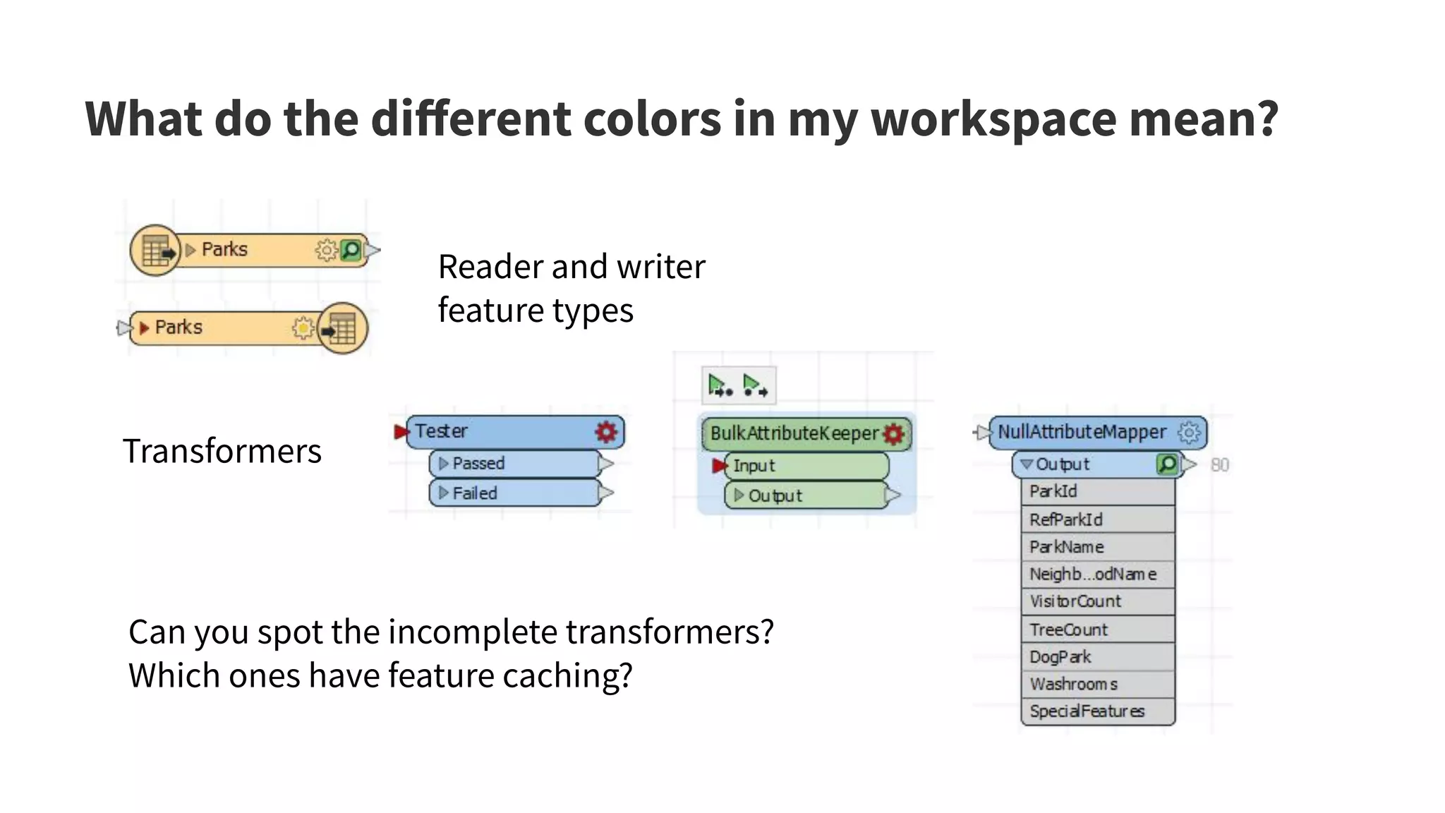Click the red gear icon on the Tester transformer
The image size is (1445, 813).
click(605, 431)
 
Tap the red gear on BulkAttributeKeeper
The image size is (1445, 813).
click(893, 433)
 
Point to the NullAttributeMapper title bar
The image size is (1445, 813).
click(1082, 432)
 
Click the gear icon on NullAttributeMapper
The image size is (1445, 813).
click(1189, 432)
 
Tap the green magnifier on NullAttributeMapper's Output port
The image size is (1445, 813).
click(1167, 464)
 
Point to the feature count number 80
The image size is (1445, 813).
click(1219, 465)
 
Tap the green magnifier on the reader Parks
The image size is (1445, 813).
click(351, 250)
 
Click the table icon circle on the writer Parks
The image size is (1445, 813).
click(342, 328)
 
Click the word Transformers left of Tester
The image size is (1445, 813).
click(222, 451)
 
